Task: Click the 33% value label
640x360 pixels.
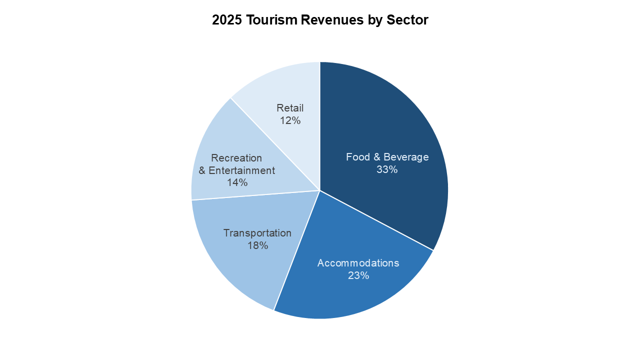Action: (x=387, y=169)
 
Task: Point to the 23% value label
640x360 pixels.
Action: (x=358, y=275)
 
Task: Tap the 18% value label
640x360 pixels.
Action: (x=257, y=245)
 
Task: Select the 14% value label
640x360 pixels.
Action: (x=237, y=182)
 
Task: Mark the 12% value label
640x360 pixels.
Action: (x=290, y=120)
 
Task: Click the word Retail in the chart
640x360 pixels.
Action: (x=290, y=108)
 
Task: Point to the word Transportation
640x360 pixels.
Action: (x=257, y=233)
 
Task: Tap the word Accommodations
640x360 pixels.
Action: (x=358, y=263)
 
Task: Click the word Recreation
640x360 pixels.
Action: (x=236, y=158)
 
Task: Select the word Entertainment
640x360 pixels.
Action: (x=242, y=170)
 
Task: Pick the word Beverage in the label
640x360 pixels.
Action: (x=407, y=157)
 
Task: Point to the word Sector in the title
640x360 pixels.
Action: (x=407, y=20)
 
